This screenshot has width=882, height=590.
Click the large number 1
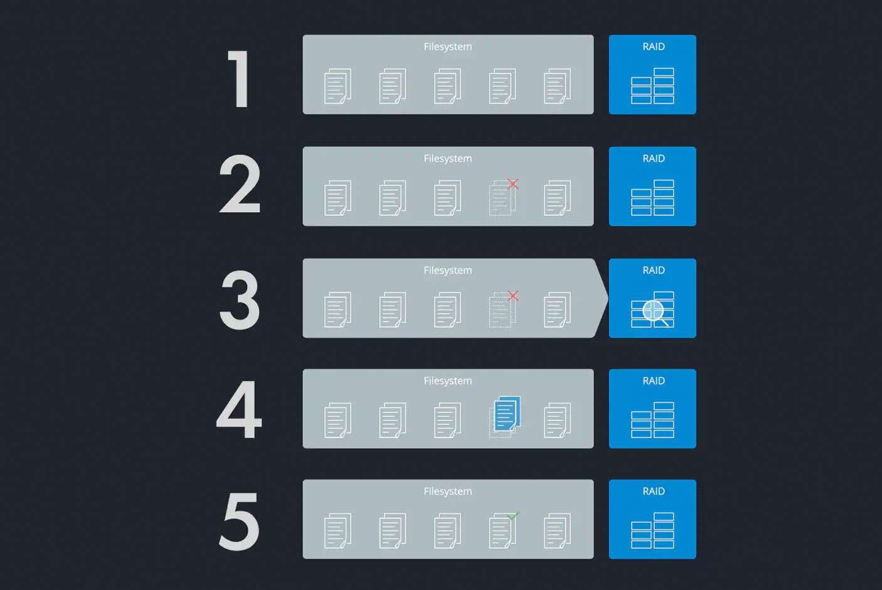[240, 79]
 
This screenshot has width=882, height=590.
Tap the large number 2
[240, 183]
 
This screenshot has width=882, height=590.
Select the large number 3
[240, 300]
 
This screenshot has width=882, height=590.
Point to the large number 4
[239, 410]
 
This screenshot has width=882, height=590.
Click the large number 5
[240, 521]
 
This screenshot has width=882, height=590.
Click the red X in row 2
[513, 184]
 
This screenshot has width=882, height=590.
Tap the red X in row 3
[513, 296]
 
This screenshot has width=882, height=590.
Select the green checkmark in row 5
[513, 515]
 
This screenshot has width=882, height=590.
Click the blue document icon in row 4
[507, 414]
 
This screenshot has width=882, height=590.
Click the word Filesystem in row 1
[448, 47]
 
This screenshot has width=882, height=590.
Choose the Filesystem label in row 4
[448, 381]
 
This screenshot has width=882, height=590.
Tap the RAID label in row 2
[654, 158]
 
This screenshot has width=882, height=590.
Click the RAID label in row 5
[654, 491]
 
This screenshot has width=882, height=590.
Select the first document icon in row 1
[337, 86]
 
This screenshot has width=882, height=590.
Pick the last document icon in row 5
[557, 531]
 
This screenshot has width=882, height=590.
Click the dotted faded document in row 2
[502, 198]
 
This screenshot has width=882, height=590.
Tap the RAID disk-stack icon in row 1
[652, 86]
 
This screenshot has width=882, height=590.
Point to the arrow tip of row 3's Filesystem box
[608, 298]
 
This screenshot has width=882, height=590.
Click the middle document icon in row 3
[447, 309]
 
